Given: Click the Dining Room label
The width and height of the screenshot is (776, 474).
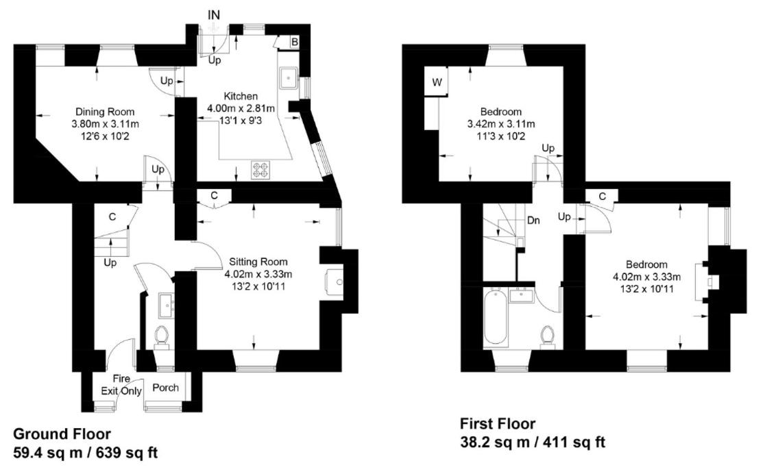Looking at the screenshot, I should coord(105,112).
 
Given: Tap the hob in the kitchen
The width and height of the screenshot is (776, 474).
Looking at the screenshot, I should coord(260,169).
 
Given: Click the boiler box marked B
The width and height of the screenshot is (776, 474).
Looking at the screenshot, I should coord(294,42).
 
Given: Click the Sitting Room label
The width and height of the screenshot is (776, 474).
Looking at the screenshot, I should coord(258,262).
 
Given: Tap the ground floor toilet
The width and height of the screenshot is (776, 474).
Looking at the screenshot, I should coord(162,336).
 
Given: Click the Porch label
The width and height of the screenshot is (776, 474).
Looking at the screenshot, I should coord(165,388).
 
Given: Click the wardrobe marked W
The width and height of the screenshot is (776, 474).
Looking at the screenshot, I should coord(437,83).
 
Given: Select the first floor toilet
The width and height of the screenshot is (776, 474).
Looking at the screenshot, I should coord(548,336).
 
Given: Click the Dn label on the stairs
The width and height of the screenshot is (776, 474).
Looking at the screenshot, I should coord(534,221).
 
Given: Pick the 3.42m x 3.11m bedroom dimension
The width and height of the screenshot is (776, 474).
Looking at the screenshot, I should coord(500,124).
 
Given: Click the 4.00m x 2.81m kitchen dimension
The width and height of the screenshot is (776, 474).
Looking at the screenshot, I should coord(241,108).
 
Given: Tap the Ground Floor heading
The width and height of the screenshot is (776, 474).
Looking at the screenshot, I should coord(62,434).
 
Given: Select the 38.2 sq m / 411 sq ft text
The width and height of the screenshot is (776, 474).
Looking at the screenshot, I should coord(532,442).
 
